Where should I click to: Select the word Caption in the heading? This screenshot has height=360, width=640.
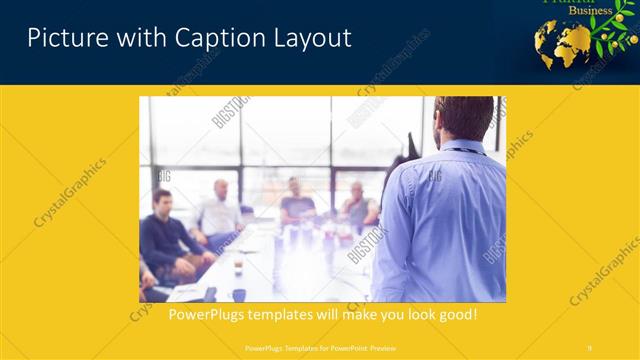pyautogui.click(x=204, y=39)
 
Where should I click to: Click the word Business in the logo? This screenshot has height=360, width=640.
pyautogui.click(x=591, y=11)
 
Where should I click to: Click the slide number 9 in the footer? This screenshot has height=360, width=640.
pyautogui.click(x=589, y=348)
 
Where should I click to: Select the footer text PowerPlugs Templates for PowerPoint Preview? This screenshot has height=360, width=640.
pyautogui.click(x=319, y=348)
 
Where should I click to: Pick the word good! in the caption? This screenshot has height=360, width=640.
pyautogui.click(x=455, y=314)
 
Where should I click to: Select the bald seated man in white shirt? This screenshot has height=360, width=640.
pyautogui.click(x=220, y=210)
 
